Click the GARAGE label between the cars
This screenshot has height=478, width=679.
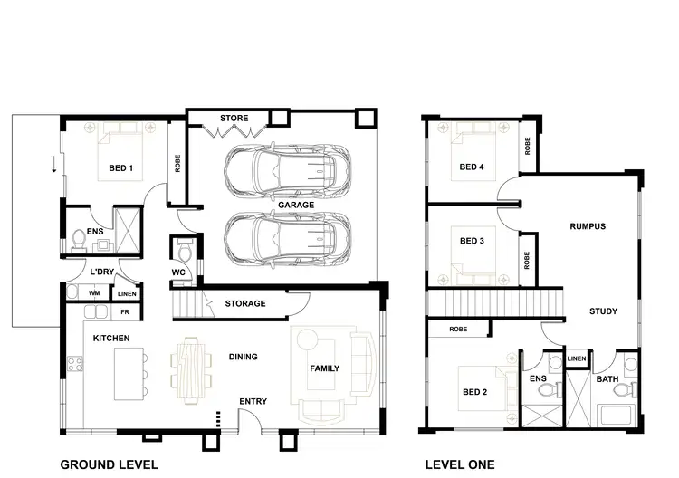[x=296, y=206]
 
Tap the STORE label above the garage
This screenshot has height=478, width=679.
[x=234, y=119]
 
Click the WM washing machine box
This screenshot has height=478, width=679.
[x=94, y=293]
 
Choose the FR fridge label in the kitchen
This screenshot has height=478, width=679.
[x=125, y=312]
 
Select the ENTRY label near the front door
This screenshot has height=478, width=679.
[x=253, y=401]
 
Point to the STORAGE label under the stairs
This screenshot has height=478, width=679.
[x=244, y=303]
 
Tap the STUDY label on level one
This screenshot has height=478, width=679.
[x=603, y=311]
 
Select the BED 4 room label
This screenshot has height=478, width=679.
[x=472, y=167]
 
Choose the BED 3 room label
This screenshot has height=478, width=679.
[x=473, y=241]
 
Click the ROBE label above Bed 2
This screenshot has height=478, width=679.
[x=458, y=330]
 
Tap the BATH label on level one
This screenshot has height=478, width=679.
[x=607, y=379]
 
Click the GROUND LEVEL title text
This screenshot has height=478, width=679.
[x=109, y=464]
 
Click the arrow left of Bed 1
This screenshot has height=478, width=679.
[x=53, y=166]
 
